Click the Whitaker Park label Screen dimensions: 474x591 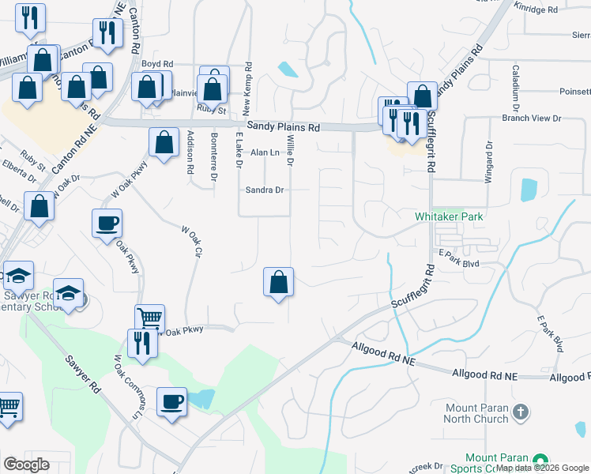[449, 216]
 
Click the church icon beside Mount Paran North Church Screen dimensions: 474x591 [520, 412]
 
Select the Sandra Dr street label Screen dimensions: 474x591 [264, 190]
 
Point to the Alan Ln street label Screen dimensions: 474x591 [265, 152]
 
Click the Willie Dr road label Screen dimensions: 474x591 [290, 150]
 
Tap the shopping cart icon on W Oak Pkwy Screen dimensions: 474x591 [149, 319]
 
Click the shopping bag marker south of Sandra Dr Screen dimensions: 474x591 [278, 282]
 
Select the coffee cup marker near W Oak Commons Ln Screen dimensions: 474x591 [171, 402]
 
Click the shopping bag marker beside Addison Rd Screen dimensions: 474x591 [164, 143]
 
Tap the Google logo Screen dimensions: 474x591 [26, 465]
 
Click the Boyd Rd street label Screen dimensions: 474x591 [157, 64]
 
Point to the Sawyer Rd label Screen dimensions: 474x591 [84, 379]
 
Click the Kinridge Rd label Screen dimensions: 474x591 [536, 9]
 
